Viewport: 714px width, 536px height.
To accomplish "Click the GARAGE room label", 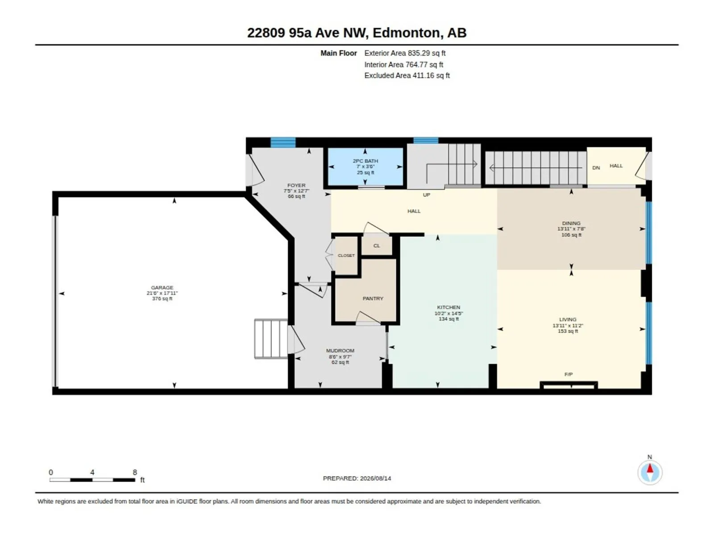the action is pos(162,287).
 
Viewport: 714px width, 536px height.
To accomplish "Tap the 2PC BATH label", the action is pos(365,161).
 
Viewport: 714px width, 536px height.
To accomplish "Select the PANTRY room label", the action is pos(373,298).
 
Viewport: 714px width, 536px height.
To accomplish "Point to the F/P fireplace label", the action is pos(568,374).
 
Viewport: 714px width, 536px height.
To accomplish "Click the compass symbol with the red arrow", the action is pos(650,472).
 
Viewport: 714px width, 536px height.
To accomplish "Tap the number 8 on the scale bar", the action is pos(135,472).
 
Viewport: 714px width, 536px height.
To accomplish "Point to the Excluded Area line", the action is pos(407,75).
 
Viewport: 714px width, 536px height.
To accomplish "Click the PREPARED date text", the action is pos(357,478).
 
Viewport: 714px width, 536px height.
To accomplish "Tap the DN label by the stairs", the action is pos(596,168).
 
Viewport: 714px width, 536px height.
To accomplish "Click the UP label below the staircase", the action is pos(426,195).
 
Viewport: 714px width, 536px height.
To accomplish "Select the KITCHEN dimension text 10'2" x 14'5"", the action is pos(448,314).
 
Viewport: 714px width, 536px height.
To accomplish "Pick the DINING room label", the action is pos(571,223).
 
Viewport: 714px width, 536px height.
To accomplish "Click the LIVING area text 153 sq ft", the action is pos(568,331).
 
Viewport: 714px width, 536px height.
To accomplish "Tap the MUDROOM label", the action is pos(340,351).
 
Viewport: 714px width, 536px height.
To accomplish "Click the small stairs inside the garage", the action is pos(270,339).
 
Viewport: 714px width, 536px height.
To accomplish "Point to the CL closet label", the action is pos(376,246).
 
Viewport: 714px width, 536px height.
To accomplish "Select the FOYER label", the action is pos(296,185).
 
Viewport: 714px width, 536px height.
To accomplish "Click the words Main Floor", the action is pos(339,53).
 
